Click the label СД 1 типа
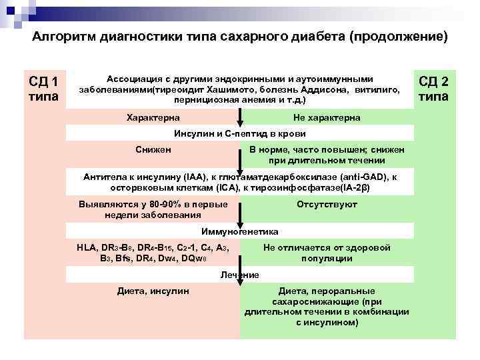(x=43, y=89)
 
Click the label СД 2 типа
(x=433, y=89)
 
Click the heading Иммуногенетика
(x=240, y=231)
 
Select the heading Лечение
(x=239, y=275)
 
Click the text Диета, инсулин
(x=153, y=291)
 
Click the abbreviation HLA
(x=86, y=247)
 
